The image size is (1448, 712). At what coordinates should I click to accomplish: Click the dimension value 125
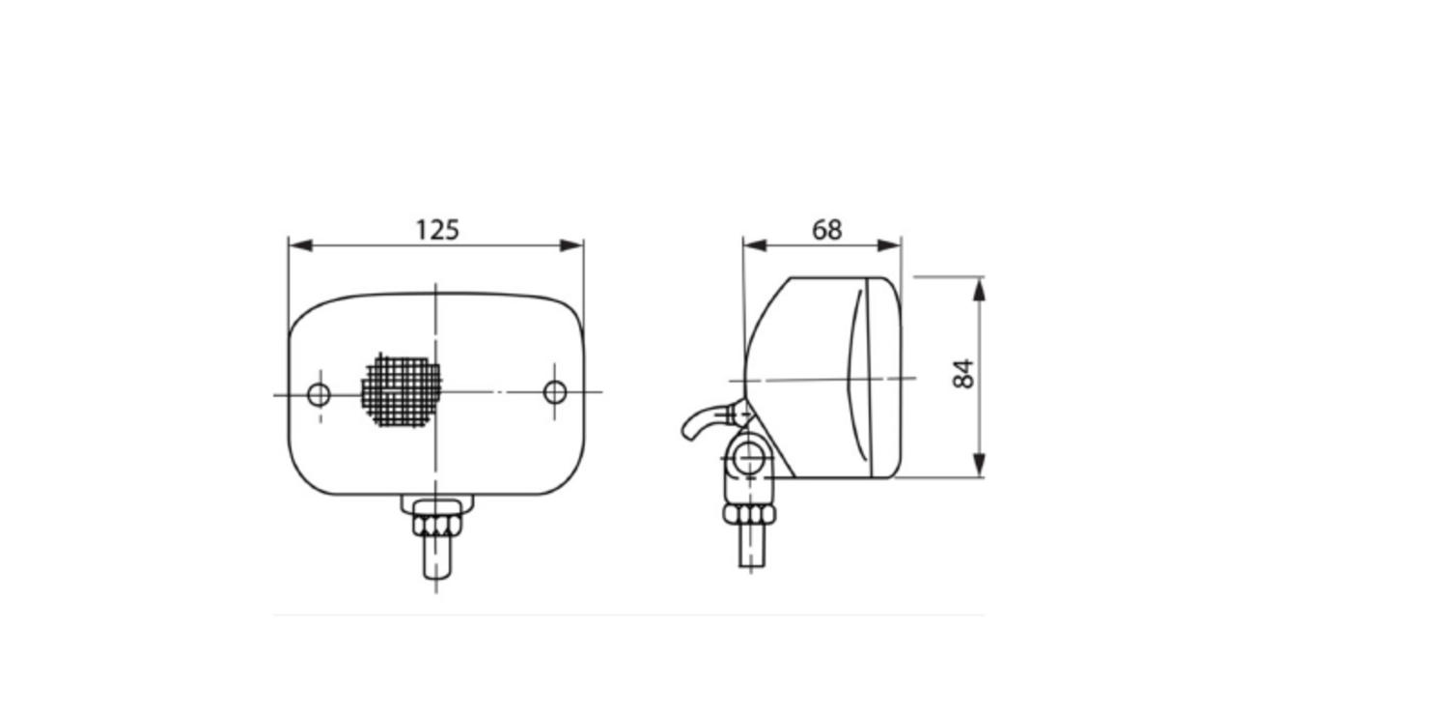click(437, 230)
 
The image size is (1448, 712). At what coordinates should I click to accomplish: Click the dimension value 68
click(826, 230)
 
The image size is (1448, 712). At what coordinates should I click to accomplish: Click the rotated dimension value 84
click(963, 374)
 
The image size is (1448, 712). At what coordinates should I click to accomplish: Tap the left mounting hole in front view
click(319, 394)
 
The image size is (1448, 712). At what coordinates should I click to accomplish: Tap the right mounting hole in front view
click(555, 392)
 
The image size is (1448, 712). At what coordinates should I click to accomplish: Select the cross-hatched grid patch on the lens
click(402, 391)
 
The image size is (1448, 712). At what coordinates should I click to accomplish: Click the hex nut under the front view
click(437, 527)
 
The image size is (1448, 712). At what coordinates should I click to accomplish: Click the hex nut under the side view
click(749, 516)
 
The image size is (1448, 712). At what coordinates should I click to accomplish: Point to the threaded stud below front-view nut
click(437, 558)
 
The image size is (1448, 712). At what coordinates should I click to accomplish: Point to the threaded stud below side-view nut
click(751, 547)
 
